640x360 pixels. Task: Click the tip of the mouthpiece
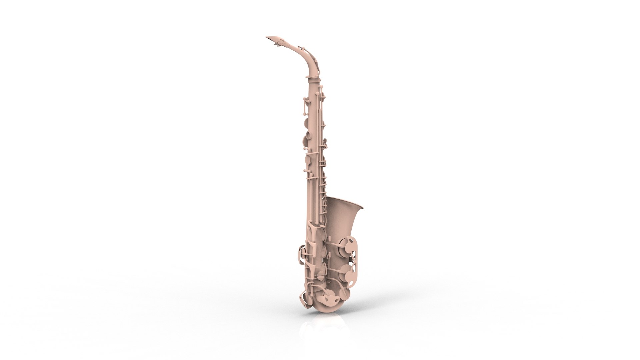click(266, 37)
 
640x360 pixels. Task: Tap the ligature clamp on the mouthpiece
click(282, 42)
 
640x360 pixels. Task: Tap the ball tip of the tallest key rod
click(322, 87)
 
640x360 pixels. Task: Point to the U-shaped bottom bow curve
click(325, 308)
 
